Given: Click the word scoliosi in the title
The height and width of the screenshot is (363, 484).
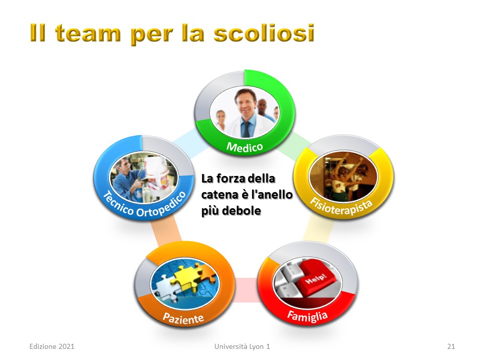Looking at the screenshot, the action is coord(264,33).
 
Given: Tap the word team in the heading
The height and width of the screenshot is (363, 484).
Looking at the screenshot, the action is coord(88,33).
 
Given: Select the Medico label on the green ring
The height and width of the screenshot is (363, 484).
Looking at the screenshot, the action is coord(245,147).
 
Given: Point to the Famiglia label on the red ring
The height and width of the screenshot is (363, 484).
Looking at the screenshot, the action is coord(308,316).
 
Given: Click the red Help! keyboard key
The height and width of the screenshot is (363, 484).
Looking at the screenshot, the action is coord(316,277).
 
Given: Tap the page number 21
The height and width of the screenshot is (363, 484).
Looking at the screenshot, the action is coord(451,346).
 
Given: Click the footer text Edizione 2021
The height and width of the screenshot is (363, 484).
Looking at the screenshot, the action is coord(52,346).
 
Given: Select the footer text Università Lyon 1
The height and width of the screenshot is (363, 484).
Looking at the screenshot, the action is coord(243,346).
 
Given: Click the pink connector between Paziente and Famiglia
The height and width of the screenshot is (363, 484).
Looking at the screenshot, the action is coord(247,290).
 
